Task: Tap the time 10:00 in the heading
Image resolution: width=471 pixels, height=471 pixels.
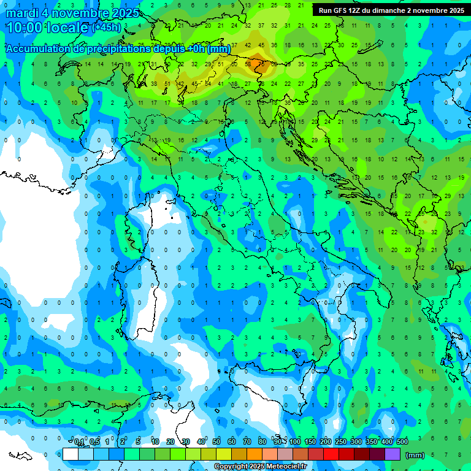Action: (23, 28)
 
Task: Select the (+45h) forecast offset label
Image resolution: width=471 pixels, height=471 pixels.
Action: (106, 28)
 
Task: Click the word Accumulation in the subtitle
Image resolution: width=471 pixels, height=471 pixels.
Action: (36, 49)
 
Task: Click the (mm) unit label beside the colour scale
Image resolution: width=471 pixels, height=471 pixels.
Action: (415, 455)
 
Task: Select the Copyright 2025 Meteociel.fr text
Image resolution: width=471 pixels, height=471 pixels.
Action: (261, 467)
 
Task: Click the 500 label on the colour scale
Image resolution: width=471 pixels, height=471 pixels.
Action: (402, 442)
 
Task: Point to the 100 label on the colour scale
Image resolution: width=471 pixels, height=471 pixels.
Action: (295, 442)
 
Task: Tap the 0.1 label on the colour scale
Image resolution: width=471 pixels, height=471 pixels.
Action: (79, 442)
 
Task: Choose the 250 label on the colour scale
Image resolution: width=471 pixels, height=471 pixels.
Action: (341, 442)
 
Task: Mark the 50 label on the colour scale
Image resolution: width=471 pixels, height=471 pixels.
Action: (216, 442)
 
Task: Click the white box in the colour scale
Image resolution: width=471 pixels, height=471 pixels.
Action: (71, 454)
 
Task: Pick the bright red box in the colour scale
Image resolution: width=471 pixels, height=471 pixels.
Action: (331, 454)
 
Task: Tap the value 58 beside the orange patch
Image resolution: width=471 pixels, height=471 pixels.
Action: (248, 64)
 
